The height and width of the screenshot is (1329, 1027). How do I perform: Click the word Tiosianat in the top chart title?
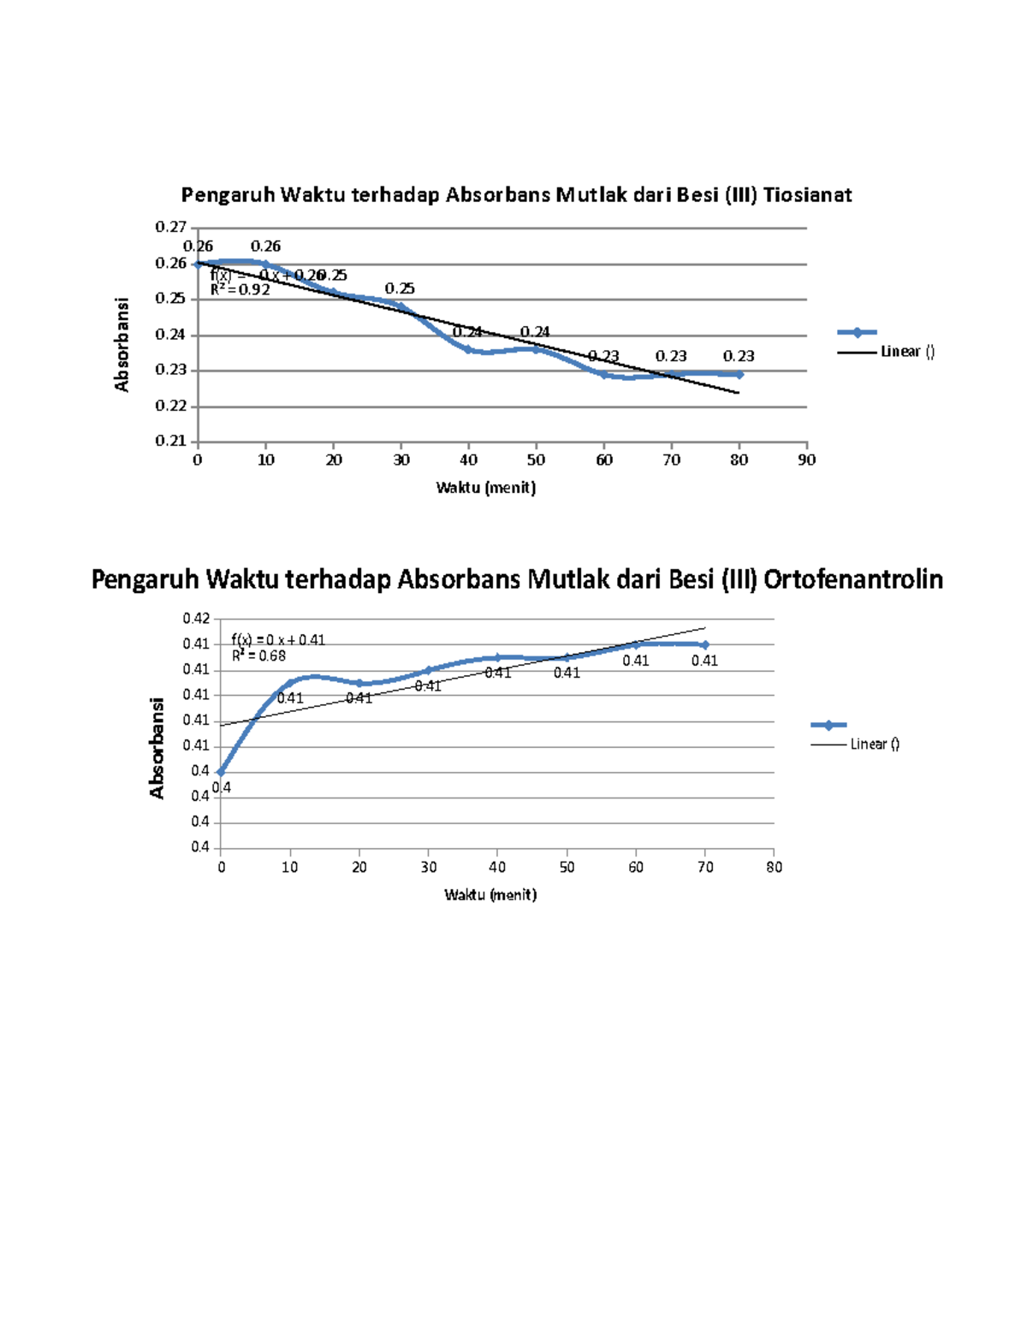(807, 195)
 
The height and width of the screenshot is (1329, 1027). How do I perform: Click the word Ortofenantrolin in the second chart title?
(852, 580)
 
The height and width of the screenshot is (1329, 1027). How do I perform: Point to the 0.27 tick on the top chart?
(170, 227)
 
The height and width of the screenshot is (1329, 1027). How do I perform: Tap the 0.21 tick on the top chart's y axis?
(170, 442)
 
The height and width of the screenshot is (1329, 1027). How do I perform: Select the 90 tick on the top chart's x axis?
(807, 460)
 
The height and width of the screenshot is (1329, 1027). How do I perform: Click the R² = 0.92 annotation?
(240, 290)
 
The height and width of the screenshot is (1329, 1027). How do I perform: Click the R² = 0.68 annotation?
(258, 656)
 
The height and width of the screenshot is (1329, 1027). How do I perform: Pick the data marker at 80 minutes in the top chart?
(739, 374)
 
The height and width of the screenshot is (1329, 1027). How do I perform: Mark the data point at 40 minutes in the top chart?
(469, 349)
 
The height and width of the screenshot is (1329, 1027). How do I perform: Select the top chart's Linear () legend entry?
(907, 352)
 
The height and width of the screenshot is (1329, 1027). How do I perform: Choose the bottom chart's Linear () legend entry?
(874, 745)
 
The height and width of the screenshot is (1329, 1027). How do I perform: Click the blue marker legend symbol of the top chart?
(857, 333)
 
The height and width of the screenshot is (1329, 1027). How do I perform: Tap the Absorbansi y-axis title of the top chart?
(122, 345)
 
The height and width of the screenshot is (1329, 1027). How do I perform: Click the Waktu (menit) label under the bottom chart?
(490, 895)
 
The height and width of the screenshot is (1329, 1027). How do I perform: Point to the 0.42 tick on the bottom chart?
(196, 618)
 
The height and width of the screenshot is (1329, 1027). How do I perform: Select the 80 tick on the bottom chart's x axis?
(775, 868)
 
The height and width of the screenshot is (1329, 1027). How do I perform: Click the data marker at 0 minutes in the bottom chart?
(221, 772)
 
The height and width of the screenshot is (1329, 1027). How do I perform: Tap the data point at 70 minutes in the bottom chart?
(705, 644)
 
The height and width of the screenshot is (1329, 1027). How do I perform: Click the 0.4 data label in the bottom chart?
(222, 788)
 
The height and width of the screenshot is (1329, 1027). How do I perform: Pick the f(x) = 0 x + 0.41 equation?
(278, 640)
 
